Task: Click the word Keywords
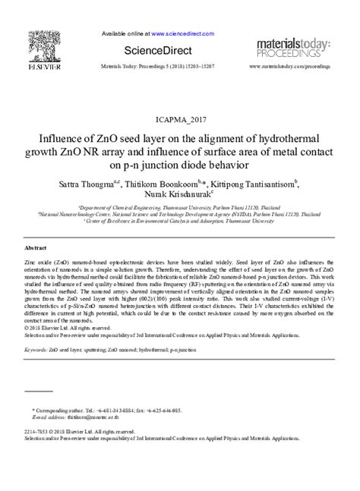click(38, 351)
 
